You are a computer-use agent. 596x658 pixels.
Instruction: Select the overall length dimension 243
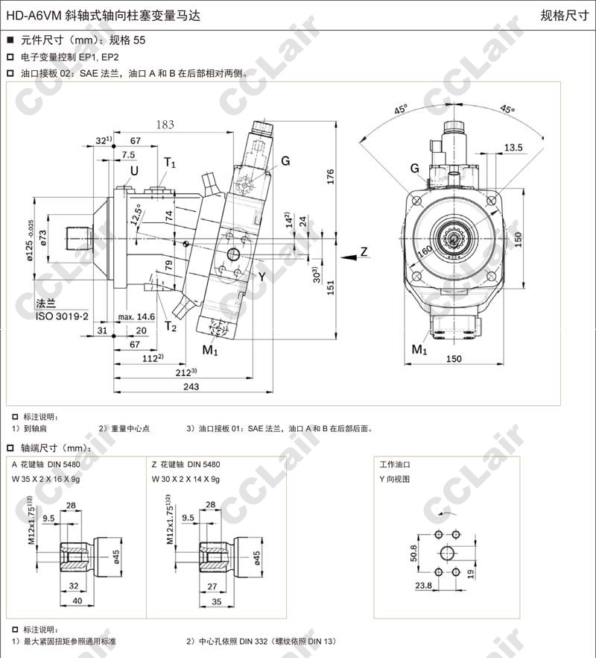click(x=191, y=386)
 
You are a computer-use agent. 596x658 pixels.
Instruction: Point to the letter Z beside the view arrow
click(x=364, y=251)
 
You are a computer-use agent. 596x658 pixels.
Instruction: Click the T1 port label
click(x=170, y=162)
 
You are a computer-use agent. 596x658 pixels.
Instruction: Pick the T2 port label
click(x=171, y=325)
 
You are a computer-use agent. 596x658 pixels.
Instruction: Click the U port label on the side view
click(x=134, y=172)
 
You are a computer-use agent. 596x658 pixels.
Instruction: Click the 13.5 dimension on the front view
click(x=513, y=148)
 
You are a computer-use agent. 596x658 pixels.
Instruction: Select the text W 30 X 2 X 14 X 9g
click(x=186, y=479)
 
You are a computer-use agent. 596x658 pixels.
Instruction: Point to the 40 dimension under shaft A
click(x=77, y=601)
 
